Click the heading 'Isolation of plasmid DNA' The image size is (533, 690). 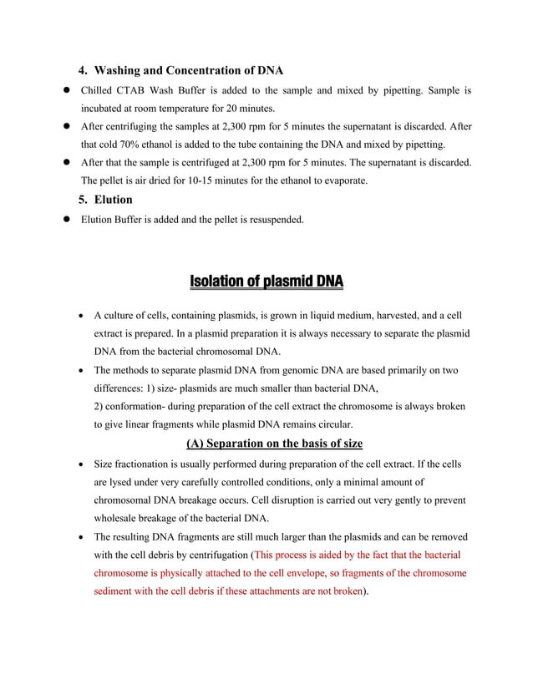point(266,281)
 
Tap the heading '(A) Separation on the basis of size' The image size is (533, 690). point(266,443)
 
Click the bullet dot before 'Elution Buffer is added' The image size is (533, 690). point(62,220)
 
